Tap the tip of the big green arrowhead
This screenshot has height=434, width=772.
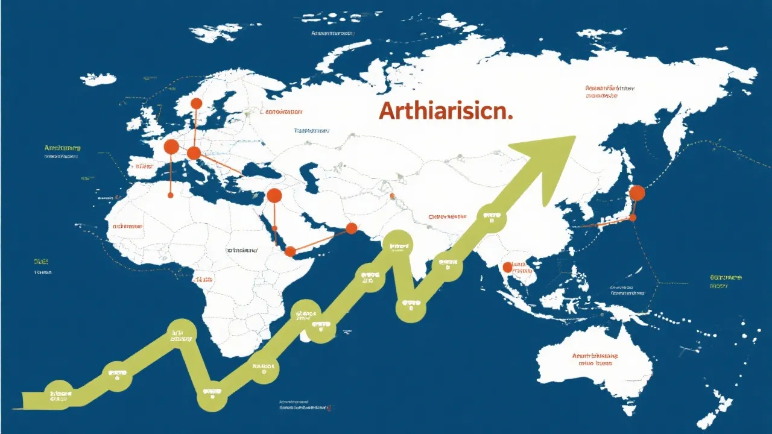click(575, 136)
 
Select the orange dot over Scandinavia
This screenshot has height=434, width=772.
click(196, 104)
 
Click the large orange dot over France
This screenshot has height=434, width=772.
click(171, 146)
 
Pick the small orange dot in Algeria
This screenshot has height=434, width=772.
click(171, 195)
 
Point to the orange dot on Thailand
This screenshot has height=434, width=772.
click(507, 266)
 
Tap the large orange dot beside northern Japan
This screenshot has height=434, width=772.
click(637, 193)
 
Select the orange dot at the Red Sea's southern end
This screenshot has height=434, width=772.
click(290, 251)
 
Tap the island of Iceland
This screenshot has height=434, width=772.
click(98, 79)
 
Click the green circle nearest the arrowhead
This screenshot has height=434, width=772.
click(492, 218)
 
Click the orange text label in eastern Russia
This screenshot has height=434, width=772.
click(610, 92)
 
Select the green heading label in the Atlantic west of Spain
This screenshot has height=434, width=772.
click(62, 148)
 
